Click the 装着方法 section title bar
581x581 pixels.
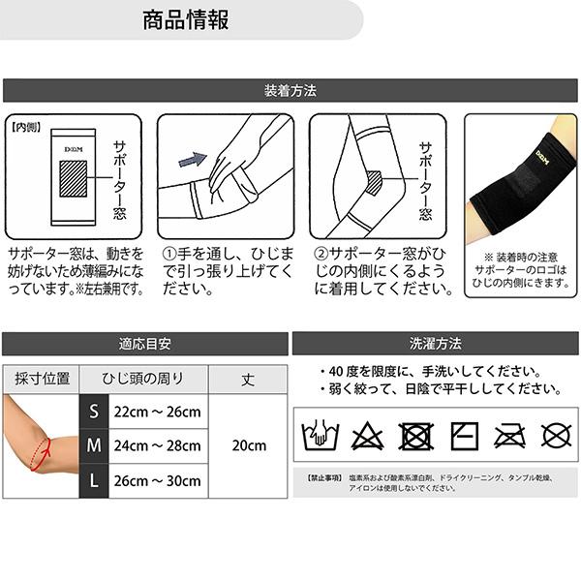click(290, 91)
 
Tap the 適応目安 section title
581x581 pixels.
click(144, 344)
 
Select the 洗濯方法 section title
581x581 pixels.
click(436, 344)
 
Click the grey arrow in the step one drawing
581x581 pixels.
click(196, 159)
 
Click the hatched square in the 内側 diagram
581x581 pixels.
click(75, 180)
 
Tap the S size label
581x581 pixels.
click(94, 413)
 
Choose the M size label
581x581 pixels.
click(94, 445)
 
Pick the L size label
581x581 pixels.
click(94, 479)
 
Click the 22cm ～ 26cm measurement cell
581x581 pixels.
click(158, 413)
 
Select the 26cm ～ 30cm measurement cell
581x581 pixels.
click(158, 479)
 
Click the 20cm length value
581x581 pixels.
click(249, 445)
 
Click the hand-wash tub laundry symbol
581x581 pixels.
click(319, 435)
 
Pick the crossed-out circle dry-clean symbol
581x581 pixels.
click(556, 435)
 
